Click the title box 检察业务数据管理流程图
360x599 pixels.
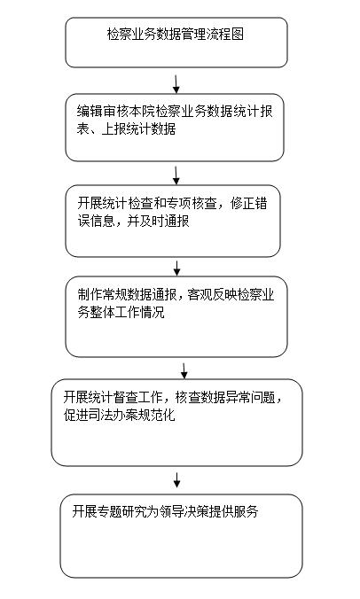pyautogui.click(x=176, y=43)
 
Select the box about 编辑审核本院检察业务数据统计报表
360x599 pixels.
pyautogui.click(x=175, y=128)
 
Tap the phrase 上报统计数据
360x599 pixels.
pyautogui.click(x=138, y=129)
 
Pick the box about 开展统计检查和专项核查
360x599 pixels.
pyautogui.click(x=173, y=222)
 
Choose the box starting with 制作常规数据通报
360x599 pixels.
pyautogui.click(x=176, y=316)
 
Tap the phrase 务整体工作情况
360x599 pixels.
pyautogui.click(x=121, y=312)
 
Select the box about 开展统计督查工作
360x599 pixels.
pyautogui.click(x=177, y=423)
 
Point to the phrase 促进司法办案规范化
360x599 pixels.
pyautogui.click(x=120, y=415)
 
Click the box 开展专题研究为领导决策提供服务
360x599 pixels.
pyautogui.click(x=181, y=535)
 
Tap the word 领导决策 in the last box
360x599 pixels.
pyautogui.click(x=184, y=511)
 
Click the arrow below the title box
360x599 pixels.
pyautogui.click(x=176, y=84)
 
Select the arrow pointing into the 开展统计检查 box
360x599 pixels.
pyautogui.click(x=176, y=175)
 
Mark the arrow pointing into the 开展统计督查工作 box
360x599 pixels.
pyautogui.click(x=184, y=370)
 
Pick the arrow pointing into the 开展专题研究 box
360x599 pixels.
pyautogui.click(x=176, y=480)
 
